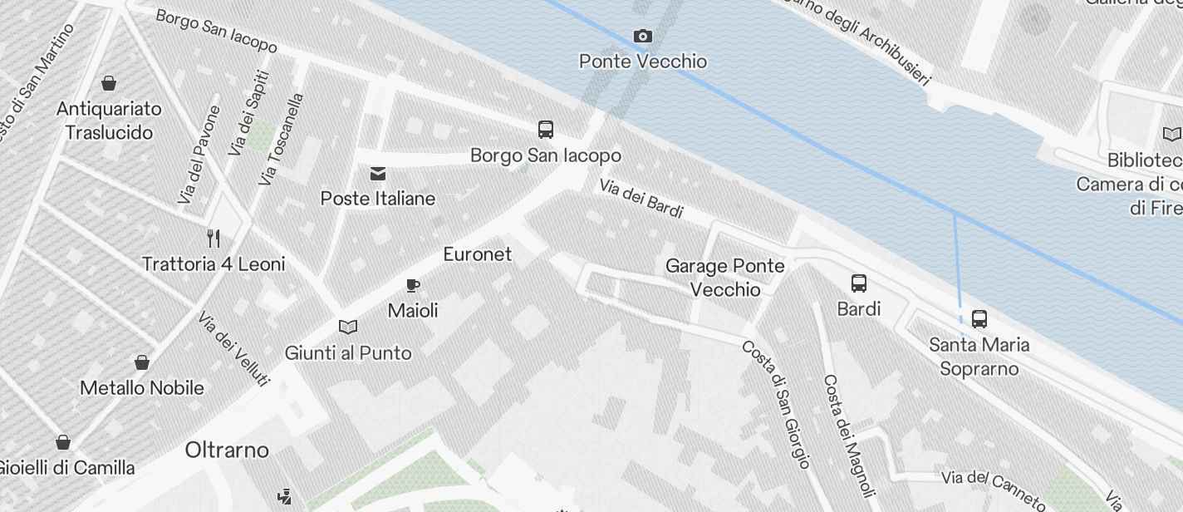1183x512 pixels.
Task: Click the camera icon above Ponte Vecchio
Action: [x=642, y=36]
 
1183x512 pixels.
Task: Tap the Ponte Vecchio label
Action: [x=643, y=62]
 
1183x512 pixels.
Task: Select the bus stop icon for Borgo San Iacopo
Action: [x=546, y=130]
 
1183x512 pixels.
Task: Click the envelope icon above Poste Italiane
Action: [x=378, y=173]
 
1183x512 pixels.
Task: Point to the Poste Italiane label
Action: [x=378, y=199]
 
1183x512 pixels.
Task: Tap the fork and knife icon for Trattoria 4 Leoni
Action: [x=214, y=239]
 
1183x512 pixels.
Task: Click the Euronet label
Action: [x=478, y=254]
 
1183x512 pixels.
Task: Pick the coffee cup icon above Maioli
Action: [x=413, y=286]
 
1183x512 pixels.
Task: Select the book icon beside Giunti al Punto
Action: [x=348, y=327]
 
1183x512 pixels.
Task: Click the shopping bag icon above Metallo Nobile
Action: [x=142, y=362]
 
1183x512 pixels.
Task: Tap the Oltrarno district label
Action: [x=227, y=450]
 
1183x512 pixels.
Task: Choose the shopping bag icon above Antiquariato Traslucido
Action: [x=109, y=83]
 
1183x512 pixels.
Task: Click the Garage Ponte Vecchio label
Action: [x=725, y=278]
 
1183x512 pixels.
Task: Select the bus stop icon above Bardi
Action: [x=859, y=283]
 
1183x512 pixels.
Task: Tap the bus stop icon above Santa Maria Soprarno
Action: [x=979, y=318]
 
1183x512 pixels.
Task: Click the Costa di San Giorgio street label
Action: [x=777, y=404]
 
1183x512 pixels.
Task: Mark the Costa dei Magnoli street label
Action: [x=849, y=433]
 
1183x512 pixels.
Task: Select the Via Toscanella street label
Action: [x=281, y=139]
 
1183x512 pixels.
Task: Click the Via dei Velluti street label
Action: [x=234, y=348]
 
